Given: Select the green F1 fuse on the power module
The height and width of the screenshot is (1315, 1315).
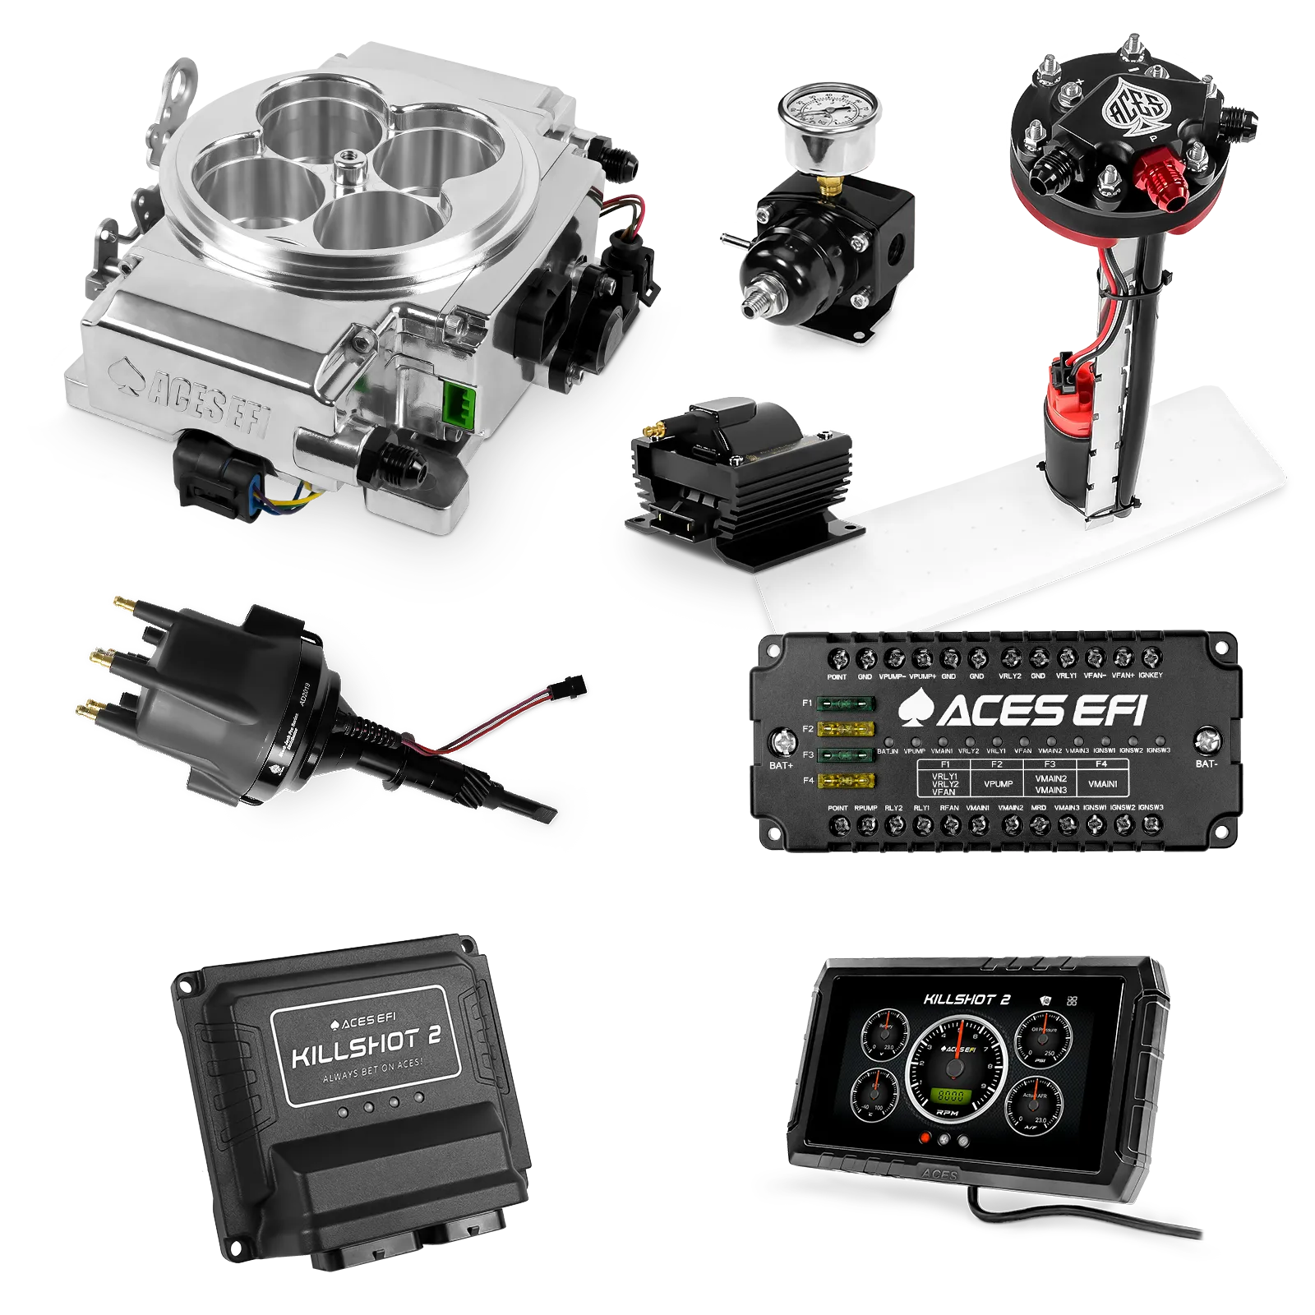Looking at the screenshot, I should [846, 704].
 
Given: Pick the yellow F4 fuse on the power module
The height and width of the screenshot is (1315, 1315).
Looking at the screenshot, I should [846, 780].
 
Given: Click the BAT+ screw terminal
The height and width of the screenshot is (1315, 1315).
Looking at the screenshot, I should [780, 742].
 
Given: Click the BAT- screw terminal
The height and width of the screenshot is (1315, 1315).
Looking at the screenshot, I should [1206, 741].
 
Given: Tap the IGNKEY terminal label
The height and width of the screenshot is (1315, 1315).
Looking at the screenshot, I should [1151, 676].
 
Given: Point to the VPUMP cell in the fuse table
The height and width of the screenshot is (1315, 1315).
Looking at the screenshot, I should [997, 783].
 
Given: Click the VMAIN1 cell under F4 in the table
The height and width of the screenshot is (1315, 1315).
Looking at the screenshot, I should [1102, 783].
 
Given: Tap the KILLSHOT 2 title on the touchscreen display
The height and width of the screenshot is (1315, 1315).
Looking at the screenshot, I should [967, 999].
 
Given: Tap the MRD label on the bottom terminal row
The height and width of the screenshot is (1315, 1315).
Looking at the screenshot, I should [1039, 808].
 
